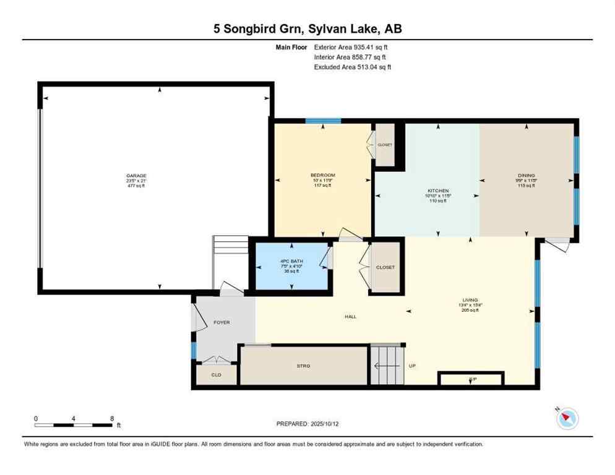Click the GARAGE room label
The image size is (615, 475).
pyautogui.click(x=136, y=176)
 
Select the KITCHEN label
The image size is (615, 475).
pyautogui.click(x=438, y=191)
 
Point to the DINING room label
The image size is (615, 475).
pyautogui.click(x=527, y=176)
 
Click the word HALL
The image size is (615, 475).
pyautogui.click(x=351, y=317)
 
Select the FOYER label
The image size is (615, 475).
pyautogui.click(x=221, y=322)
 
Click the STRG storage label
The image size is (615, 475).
pyautogui.click(x=303, y=366)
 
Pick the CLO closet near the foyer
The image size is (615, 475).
pyautogui.click(x=216, y=374)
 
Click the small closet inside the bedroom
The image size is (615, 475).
pyautogui.click(x=385, y=145)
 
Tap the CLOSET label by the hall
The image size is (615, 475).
pyautogui.click(x=385, y=267)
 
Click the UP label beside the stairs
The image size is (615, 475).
pyautogui.click(x=412, y=366)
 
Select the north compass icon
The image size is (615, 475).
pyautogui.click(x=567, y=419)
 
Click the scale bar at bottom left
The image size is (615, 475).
pyautogui.click(x=74, y=424)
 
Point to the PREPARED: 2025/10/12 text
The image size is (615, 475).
pyautogui.click(x=307, y=424)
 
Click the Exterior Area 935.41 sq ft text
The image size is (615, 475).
pyautogui.click(x=351, y=47)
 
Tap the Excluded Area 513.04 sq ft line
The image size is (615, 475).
pyautogui.click(x=352, y=67)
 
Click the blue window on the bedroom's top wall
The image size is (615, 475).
pyautogui.click(x=323, y=121)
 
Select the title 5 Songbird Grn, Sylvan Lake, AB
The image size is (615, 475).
pyautogui.click(x=307, y=29)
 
